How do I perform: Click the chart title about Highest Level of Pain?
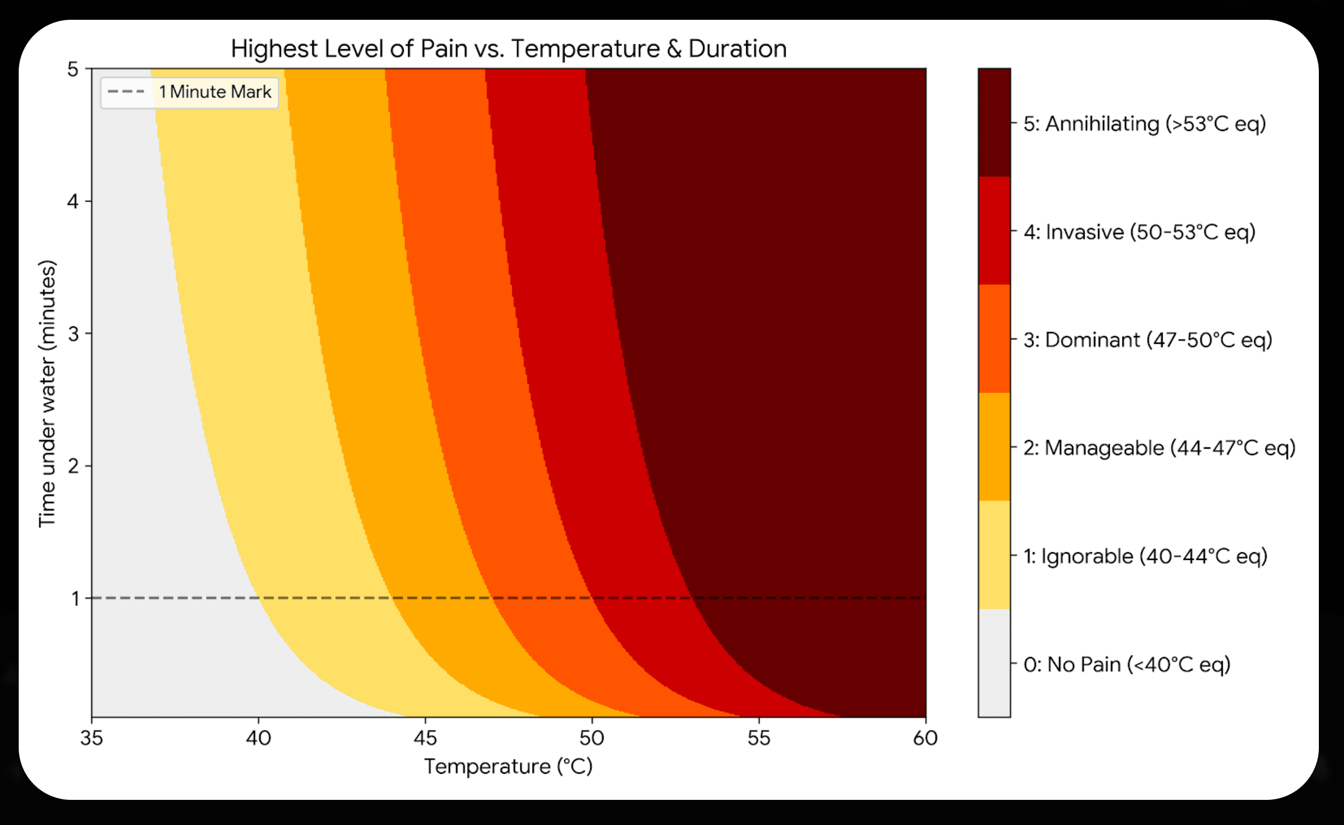click(509, 49)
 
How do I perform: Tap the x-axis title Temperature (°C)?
click(509, 767)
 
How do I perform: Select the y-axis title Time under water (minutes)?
click(48, 394)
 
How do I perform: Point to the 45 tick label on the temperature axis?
click(425, 738)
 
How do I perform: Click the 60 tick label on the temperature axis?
click(925, 738)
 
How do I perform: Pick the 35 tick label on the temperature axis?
click(91, 738)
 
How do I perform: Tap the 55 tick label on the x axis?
click(758, 738)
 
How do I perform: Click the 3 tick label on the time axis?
click(74, 334)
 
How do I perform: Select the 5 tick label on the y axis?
click(73, 70)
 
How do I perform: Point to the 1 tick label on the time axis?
click(75, 598)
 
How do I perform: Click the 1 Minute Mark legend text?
click(215, 91)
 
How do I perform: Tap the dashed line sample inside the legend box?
click(126, 91)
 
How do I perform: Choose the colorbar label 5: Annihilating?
click(1145, 124)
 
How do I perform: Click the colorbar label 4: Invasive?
click(1139, 232)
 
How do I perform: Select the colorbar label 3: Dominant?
click(1148, 340)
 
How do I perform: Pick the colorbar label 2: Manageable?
click(1159, 448)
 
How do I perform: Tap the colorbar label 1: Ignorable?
click(1145, 556)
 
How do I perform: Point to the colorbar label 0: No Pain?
click(1127, 664)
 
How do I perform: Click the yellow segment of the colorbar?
click(994, 555)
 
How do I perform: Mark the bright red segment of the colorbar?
click(994, 231)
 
